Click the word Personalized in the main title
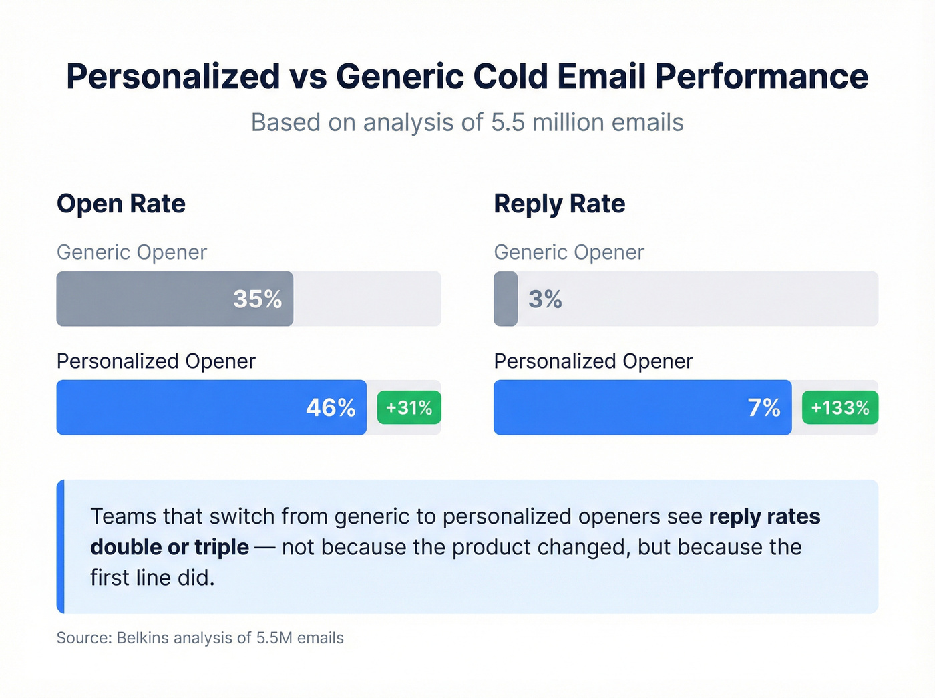(173, 76)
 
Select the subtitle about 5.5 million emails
(467, 123)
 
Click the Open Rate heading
(121, 204)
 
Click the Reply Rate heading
(559, 204)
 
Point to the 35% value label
(257, 299)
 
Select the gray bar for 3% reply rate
(506, 299)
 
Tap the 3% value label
(545, 299)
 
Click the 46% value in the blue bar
(330, 407)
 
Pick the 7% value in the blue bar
(763, 407)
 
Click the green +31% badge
(409, 407)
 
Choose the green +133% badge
(839, 407)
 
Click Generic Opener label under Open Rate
(132, 252)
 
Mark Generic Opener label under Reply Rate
(568, 252)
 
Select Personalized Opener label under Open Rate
(156, 361)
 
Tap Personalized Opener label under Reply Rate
(593, 361)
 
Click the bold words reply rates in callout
(764, 516)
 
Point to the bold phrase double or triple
(170, 547)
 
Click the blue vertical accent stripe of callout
(61, 546)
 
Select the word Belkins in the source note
(142, 638)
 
